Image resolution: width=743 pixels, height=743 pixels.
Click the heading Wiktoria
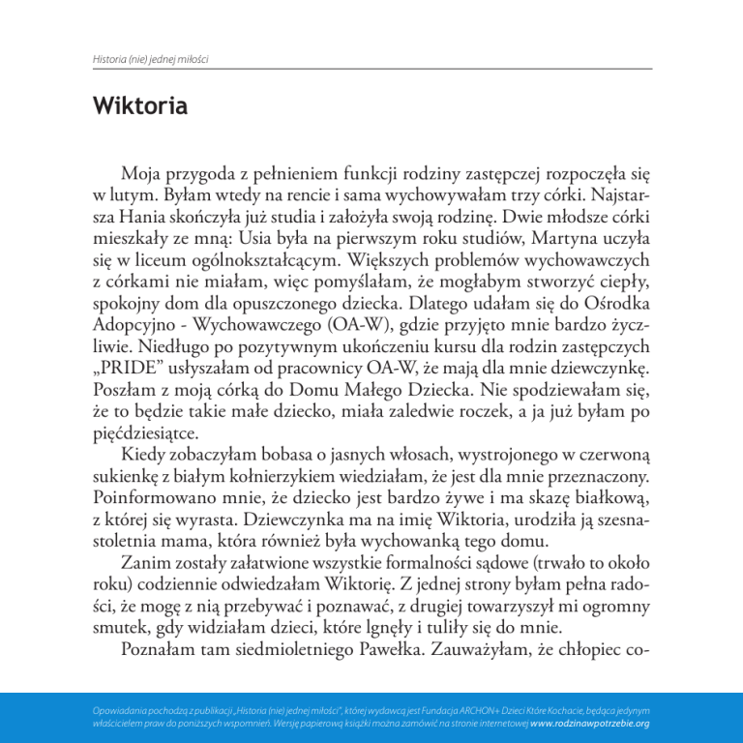click(140, 105)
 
